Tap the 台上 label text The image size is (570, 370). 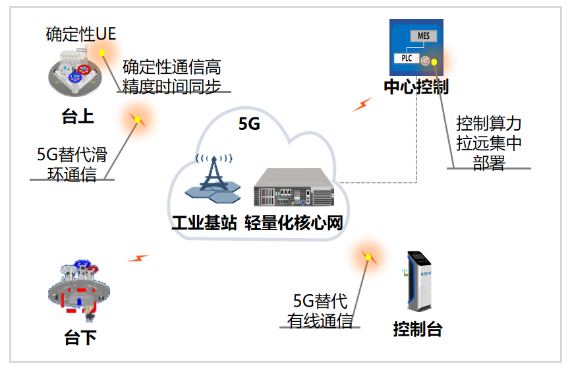tap(78, 117)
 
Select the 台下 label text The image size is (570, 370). tap(80, 338)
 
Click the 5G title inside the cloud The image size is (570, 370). tap(249, 124)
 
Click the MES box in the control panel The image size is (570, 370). tap(423, 36)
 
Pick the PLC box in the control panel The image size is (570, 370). tap(407, 58)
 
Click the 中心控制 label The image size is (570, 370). tap(416, 87)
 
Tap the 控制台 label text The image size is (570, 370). tap(417, 328)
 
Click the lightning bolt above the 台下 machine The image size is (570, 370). tap(138, 258)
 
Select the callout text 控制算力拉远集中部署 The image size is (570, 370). tap(488, 142)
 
